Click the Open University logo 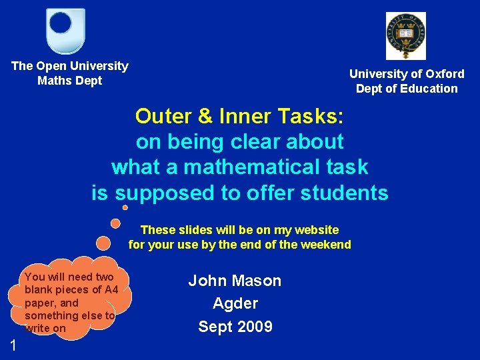coord(66,31)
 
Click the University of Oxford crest coord(405,36)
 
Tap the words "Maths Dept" coord(70,81)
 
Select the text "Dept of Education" coord(407,89)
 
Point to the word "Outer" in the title coord(163,116)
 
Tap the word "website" coord(315,230)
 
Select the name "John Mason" coord(235,281)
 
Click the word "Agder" coord(235,303)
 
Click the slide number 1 coord(13,345)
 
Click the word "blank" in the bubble coord(38,289)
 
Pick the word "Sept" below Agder coord(213,327)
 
